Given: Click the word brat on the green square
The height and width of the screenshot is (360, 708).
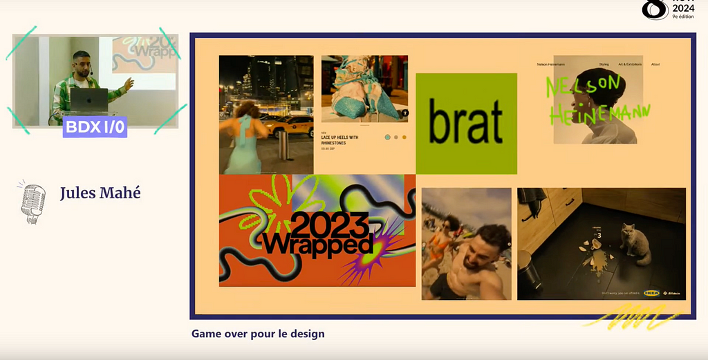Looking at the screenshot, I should click(465, 124).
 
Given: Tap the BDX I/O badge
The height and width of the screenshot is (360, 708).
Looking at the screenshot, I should click(95, 127).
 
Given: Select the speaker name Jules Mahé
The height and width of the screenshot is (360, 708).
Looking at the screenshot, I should click(100, 193).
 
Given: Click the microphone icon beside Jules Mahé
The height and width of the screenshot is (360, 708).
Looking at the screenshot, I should click(32, 201).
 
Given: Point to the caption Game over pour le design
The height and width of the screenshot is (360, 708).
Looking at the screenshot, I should click(258, 334).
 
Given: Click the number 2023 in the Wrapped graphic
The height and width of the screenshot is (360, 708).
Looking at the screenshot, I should click(329, 224).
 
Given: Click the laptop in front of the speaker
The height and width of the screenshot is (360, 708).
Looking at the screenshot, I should click(89, 100).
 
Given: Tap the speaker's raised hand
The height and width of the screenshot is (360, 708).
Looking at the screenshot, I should click(129, 84).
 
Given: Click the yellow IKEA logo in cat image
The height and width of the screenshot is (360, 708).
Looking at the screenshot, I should click(651, 293).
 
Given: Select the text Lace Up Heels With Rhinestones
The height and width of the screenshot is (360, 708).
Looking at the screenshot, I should click(339, 140).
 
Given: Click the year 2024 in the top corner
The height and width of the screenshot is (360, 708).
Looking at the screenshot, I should click(684, 8).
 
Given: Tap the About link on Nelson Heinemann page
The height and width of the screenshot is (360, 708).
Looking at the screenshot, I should click(655, 64).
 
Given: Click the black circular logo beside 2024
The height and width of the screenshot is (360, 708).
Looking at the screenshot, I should click(655, 9).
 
